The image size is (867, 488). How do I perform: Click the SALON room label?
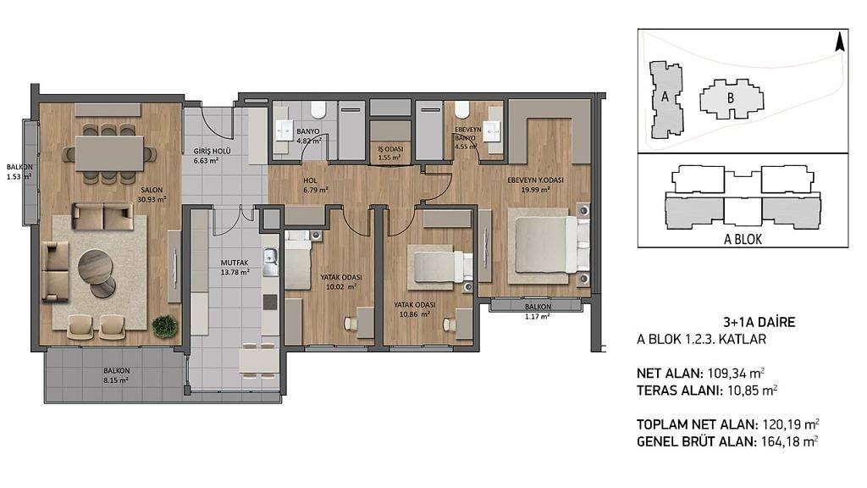[152, 190]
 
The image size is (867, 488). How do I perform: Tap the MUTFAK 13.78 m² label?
[235, 267]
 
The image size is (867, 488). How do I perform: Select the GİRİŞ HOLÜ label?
[212, 151]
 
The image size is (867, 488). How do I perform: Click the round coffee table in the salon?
[96, 267]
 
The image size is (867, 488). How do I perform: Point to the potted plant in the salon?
[165, 326]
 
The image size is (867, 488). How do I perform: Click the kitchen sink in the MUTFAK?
[270, 263]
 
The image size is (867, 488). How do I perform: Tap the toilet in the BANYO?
[318, 109]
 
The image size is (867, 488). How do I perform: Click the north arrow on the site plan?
[839, 42]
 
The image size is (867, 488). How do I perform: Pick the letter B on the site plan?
[731, 98]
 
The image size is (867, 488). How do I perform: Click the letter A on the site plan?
[665, 97]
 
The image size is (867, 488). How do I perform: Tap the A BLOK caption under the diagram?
[743, 239]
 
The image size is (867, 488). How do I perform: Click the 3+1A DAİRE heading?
[759, 322]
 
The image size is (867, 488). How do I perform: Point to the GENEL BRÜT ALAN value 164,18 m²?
[788, 441]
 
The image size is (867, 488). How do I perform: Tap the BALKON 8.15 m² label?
[116, 375]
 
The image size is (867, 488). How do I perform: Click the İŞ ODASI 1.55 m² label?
[390, 153]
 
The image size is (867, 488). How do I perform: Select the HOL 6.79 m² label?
[316, 185]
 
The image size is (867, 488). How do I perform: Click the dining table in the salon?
[109, 153]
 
